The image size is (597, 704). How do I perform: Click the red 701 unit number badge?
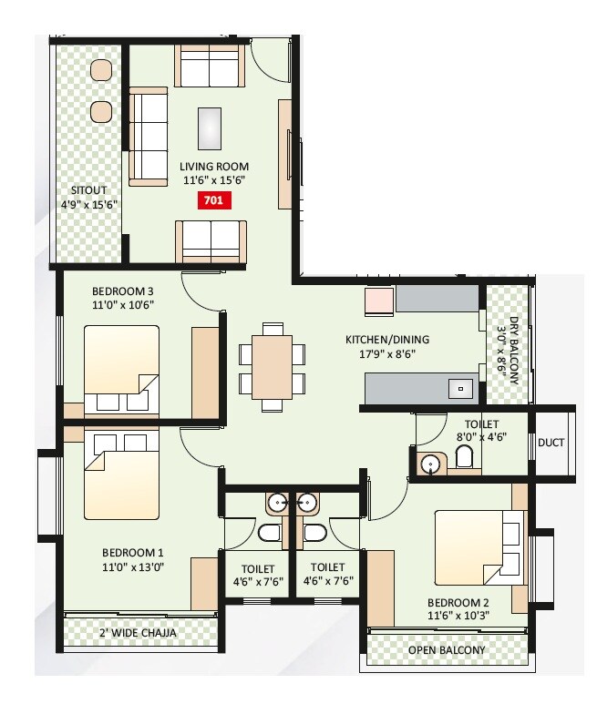point(214,202)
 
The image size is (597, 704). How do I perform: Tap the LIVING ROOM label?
point(214,167)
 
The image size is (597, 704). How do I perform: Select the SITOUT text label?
point(89,190)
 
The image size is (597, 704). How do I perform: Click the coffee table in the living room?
point(211,128)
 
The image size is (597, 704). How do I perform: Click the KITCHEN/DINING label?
point(386,340)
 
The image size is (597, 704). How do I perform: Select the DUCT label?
point(551,443)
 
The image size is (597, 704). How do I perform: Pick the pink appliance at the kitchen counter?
point(379,301)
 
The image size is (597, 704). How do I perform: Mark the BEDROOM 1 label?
point(132,552)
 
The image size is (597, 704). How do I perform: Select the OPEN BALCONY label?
point(447,650)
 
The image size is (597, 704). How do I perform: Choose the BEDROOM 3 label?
point(122,292)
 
